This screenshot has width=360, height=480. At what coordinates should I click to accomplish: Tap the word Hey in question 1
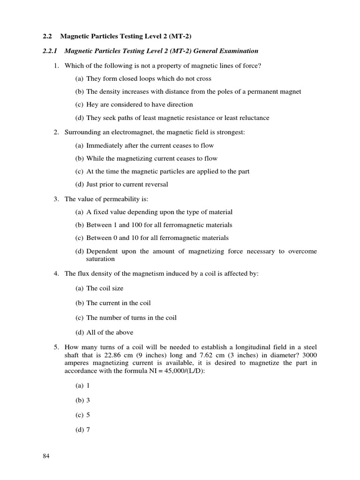(x=92, y=105)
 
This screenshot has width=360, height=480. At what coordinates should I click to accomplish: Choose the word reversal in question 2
(x=155, y=184)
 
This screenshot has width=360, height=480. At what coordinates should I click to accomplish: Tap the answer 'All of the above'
(x=110, y=332)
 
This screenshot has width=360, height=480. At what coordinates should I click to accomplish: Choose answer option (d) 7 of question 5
(x=82, y=429)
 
